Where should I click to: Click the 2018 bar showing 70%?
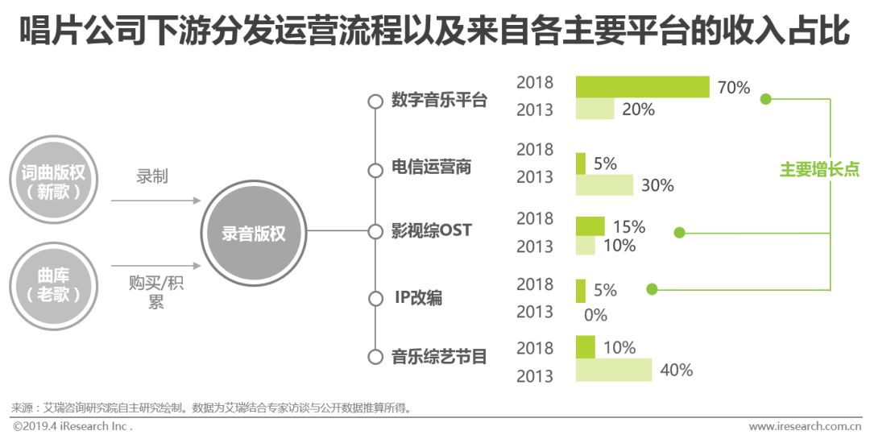(642, 87)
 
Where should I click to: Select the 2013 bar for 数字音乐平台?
(594, 110)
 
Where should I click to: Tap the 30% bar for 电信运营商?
(604, 185)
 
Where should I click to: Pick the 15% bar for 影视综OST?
(590, 226)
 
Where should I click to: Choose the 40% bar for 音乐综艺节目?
(613, 370)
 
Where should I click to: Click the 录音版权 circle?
(254, 234)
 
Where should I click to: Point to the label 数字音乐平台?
(439, 101)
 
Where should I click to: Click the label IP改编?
(418, 298)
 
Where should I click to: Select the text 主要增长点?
(819, 170)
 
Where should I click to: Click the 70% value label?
(733, 88)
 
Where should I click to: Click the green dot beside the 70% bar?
(766, 99)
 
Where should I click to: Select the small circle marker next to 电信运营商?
(375, 171)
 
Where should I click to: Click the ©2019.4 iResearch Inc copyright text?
(72, 426)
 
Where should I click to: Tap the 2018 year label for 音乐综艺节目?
(535, 348)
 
